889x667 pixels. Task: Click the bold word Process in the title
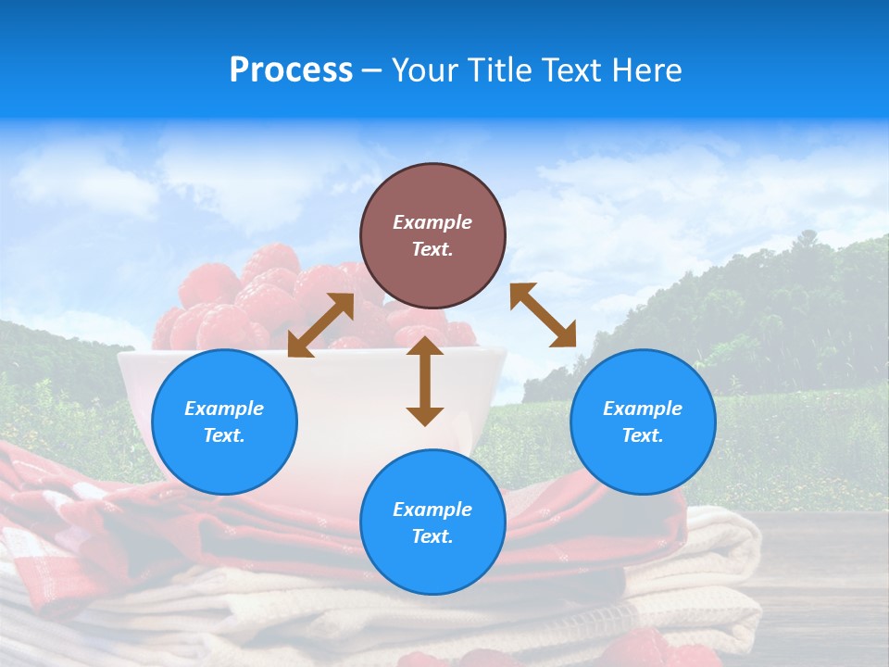(291, 70)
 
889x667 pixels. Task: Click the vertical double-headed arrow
(425, 382)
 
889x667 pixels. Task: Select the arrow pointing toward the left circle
(320, 325)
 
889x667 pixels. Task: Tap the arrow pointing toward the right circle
(544, 315)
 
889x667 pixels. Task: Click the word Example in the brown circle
(432, 222)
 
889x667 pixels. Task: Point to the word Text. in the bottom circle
(432, 536)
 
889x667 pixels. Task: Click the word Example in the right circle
(643, 409)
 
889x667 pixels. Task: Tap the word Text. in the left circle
(224, 435)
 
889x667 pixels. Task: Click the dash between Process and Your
(371, 71)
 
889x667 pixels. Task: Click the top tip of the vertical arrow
(425, 339)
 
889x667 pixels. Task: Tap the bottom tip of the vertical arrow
(425, 423)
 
